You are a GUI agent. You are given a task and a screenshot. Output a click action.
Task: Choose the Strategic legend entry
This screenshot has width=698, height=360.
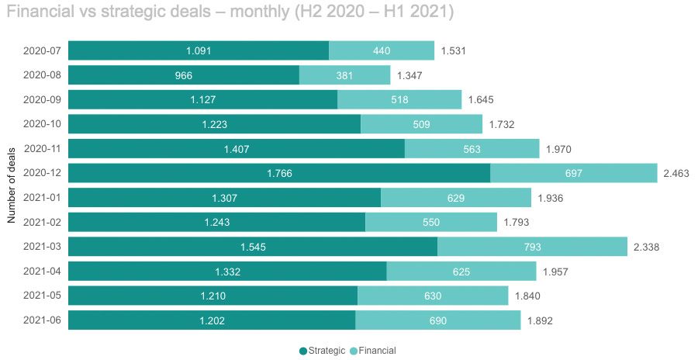pos(323,351)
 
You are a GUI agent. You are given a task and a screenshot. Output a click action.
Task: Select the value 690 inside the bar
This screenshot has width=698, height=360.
pos(438,320)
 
